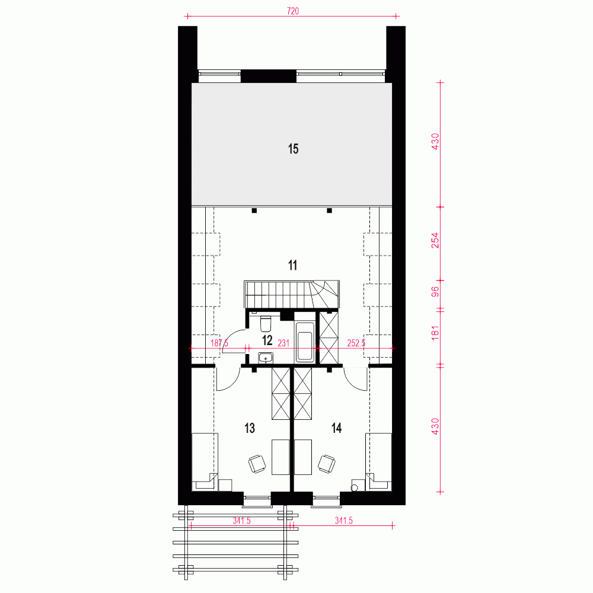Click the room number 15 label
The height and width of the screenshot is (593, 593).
293,149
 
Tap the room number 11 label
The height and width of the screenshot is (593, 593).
292,265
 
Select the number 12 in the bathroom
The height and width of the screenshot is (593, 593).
267,340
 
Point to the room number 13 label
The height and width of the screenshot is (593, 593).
250,428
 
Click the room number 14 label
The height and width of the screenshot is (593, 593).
337,428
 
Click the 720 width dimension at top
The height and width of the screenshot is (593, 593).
292,11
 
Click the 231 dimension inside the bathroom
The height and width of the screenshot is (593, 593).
283,343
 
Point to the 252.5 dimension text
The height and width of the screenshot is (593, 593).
356,343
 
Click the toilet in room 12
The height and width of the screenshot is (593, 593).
266,323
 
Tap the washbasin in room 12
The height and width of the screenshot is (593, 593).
266,357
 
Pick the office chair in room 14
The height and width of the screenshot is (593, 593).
327,463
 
